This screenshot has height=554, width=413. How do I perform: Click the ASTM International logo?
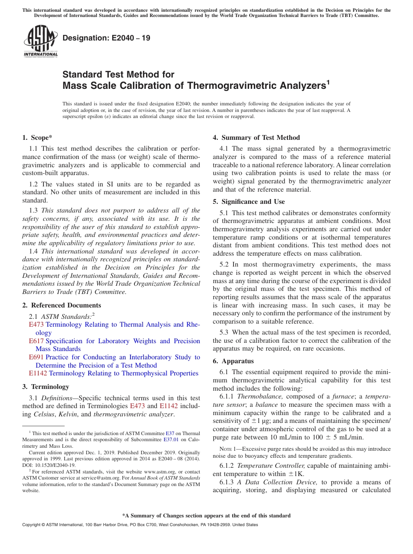[x=40, y=41]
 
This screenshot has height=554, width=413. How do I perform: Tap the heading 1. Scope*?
[x=37, y=138]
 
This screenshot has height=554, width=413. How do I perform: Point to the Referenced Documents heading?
[x=62, y=305]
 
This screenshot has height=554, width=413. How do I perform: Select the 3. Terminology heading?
[x=46, y=387]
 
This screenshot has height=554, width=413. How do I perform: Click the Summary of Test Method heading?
[x=256, y=138]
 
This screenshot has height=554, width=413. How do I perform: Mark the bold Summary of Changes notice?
[x=206, y=516]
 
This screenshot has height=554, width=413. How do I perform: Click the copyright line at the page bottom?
[x=140, y=525]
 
